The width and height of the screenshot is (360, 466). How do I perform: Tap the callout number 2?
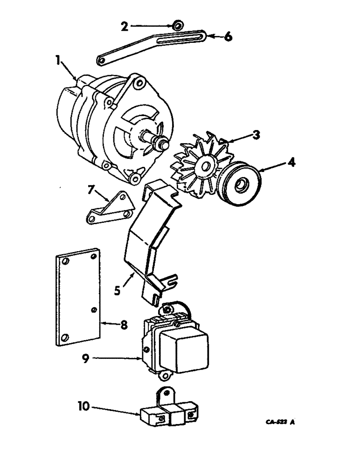pos(124,26)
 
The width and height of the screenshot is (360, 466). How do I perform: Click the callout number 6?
pos(227,37)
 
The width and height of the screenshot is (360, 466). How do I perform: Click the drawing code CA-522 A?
pos(280,423)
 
